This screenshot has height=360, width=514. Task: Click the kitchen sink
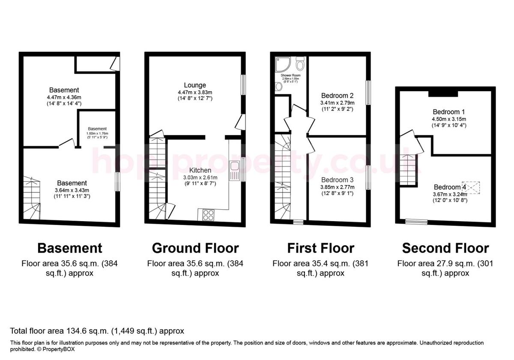pos(235,171)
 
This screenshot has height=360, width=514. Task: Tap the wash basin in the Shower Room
pos(279,87)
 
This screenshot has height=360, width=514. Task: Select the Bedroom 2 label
pos(337,96)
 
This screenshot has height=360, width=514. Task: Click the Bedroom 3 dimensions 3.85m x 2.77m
pos(337,187)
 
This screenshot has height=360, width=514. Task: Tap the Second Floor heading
pos(445,248)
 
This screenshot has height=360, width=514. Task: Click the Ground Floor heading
pos(195,248)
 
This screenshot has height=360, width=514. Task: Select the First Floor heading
pos(320,248)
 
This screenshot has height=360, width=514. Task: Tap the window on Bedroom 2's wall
pos(368,92)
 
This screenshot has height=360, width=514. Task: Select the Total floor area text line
pos(97,331)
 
